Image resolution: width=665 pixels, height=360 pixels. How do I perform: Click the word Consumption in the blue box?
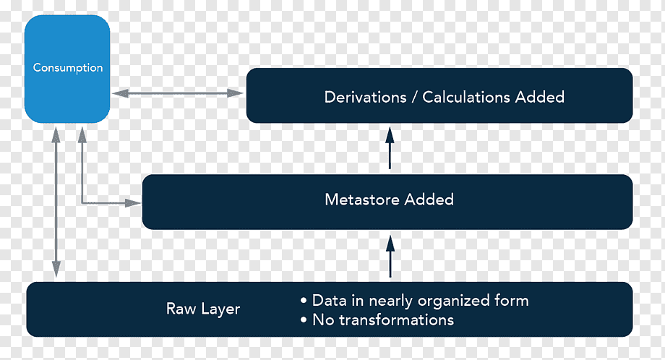click(x=68, y=68)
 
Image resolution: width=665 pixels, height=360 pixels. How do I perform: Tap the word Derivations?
click(x=365, y=97)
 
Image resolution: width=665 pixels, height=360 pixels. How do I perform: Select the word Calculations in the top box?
click(x=466, y=97)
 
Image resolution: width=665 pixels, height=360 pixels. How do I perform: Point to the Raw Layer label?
click(x=203, y=309)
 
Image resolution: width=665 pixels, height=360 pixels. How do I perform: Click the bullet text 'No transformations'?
click(x=383, y=320)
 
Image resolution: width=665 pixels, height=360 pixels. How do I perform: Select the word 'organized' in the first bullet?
click(x=453, y=301)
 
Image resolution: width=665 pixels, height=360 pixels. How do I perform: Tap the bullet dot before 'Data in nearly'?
click(x=304, y=301)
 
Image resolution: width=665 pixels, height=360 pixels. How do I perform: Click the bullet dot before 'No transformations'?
click(x=304, y=320)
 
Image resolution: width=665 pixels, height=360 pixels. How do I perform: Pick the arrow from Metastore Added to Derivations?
click(x=390, y=147)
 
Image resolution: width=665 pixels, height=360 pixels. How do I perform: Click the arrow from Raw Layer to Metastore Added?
click(x=390, y=257)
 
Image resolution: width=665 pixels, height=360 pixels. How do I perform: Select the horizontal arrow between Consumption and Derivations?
click(x=178, y=93)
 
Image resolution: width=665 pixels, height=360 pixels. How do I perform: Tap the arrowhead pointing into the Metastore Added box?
click(x=133, y=203)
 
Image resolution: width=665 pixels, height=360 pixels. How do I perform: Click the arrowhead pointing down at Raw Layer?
click(x=56, y=270)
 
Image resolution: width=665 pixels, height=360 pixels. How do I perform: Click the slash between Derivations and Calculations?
click(x=414, y=98)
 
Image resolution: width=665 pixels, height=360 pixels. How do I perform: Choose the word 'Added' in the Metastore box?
click(x=429, y=200)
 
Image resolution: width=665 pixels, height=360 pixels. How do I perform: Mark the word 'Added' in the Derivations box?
click(x=539, y=97)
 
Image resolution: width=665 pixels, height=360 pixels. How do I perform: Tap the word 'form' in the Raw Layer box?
click(x=512, y=300)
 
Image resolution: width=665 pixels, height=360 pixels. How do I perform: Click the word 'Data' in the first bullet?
click(x=330, y=300)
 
